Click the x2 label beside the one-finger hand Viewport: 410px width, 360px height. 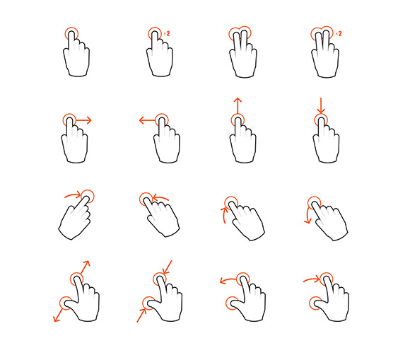[167, 33]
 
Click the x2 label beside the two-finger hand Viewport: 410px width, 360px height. [339, 33]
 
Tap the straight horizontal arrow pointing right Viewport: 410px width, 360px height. [83, 120]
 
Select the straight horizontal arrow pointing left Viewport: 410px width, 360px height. [148, 120]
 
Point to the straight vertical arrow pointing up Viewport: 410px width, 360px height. [238, 106]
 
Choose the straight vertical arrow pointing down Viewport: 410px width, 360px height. [320, 106]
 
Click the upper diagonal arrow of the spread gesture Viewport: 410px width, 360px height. [85, 267]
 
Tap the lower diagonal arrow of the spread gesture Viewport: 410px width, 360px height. [58, 315]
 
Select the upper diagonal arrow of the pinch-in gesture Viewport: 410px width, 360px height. [168, 267]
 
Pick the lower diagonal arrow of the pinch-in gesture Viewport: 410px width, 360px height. [141, 315]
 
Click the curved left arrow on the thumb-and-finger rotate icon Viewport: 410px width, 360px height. [228, 279]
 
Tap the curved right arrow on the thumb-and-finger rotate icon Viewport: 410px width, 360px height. [312, 279]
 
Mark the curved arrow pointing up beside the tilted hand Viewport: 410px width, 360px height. [224, 215]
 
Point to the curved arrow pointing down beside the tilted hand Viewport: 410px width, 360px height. [307, 216]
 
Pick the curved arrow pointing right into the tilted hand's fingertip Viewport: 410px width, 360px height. [73, 194]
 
